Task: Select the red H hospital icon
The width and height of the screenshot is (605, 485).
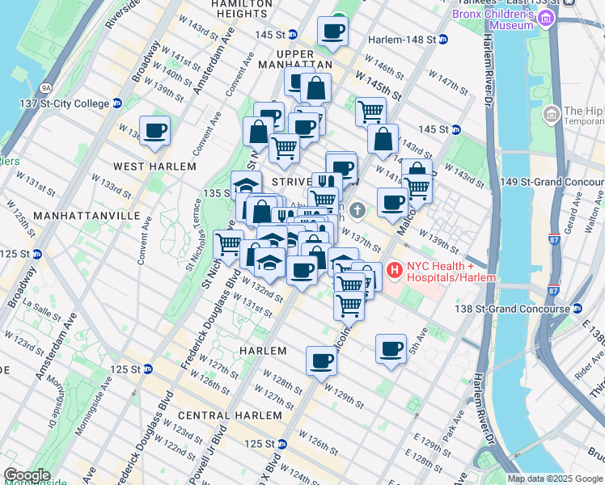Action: [x=396, y=271]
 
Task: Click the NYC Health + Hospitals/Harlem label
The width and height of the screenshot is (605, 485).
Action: [x=451, y=272]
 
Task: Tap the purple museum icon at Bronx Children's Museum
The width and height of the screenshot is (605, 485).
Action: [x=549, y=19]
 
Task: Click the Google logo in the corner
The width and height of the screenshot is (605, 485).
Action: [x=27, y=475]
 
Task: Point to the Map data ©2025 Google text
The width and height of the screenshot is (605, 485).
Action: [x=555, y=479]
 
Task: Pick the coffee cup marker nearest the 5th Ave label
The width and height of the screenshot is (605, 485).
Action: [x=391, y=349]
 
